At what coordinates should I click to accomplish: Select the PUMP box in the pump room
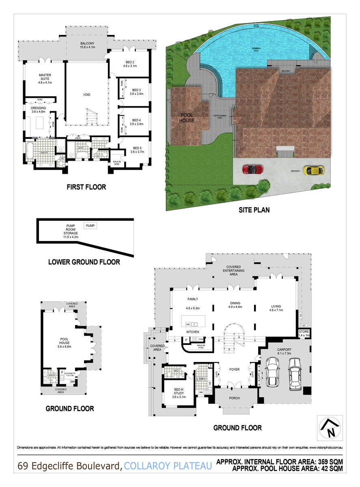click(91, 225)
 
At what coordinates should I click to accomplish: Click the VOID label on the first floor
click(86, 95)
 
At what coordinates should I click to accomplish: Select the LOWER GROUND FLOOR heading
click(84, 262)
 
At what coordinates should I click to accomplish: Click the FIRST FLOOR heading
click(86, 187)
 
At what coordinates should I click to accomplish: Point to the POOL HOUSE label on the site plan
click(187, 118)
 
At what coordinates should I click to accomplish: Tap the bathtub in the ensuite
click(30, 151)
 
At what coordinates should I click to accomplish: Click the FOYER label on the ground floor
click(234, 370)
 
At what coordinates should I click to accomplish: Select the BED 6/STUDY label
click(179, 394)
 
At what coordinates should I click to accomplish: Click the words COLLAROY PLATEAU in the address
click(168, 466)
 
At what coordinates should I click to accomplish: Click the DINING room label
click(235, 303)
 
